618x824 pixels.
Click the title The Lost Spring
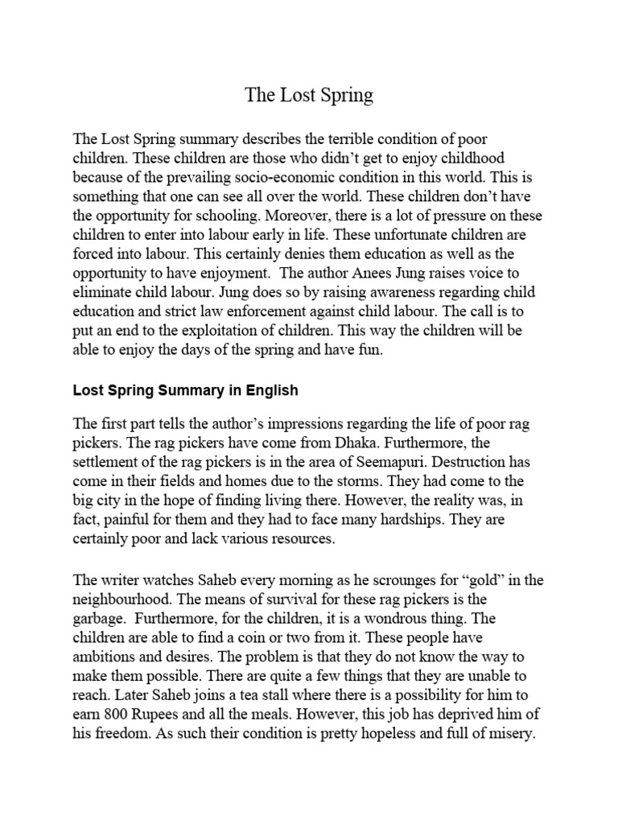coord(309,96)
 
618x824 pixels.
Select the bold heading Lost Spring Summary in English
coord(185,391)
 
